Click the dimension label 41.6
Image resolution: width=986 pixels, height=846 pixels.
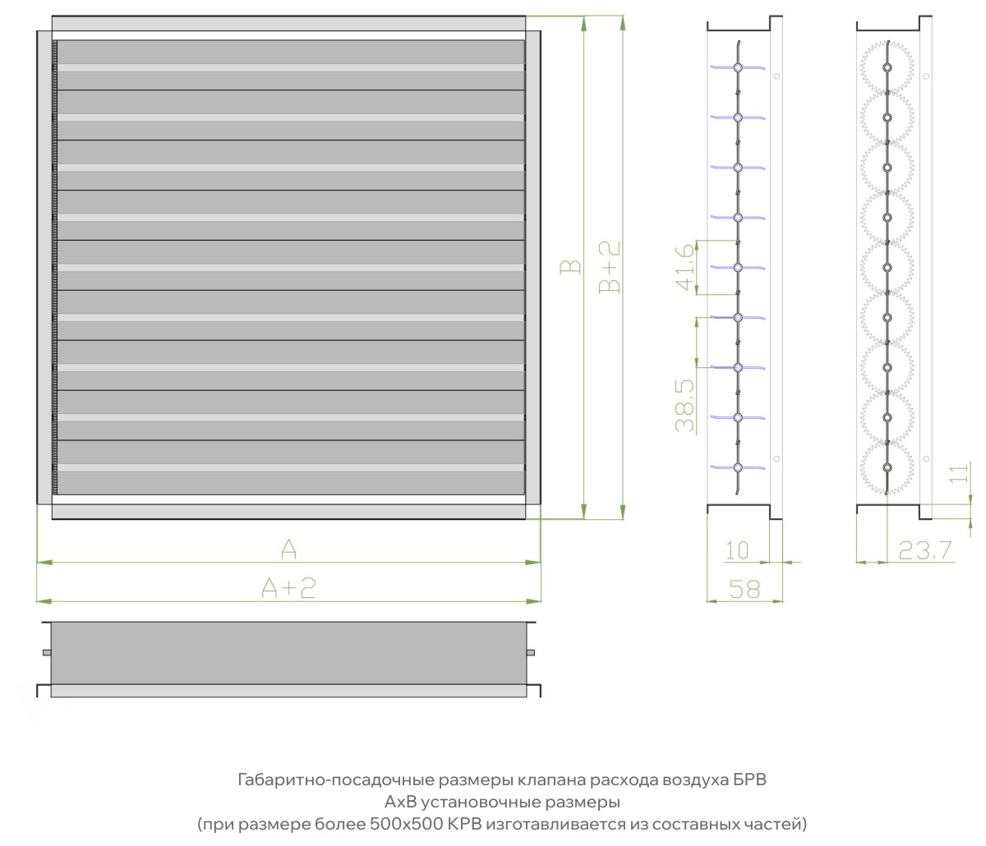[685, 267]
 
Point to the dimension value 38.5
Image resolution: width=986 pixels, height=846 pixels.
[685, 406]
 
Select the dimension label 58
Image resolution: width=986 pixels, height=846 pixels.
[744, 590]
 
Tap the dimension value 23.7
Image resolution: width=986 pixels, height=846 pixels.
[925, 551]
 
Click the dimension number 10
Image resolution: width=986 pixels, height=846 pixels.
[737, 551]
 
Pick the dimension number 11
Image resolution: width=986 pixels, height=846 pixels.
[959, 473]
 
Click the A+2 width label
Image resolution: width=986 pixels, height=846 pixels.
[288, 588]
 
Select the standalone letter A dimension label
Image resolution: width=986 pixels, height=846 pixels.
[288, 549]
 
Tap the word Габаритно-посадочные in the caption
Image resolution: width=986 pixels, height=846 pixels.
[336, 780]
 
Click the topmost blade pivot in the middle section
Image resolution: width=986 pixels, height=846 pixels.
[738, 67]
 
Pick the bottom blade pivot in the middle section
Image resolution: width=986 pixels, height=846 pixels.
[738, 468]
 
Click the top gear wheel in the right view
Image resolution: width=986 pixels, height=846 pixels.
[887, 67]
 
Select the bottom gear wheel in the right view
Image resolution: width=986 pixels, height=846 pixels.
[887, 468]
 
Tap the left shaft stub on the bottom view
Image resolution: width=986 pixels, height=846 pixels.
[47, 652]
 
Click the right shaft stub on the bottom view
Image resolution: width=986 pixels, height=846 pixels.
[531, 652]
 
